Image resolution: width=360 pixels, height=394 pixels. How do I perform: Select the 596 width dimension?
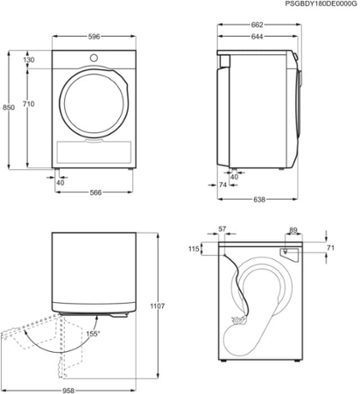[x=93, y=38]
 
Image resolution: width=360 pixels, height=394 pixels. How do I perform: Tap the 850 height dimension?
[x=8, y=108]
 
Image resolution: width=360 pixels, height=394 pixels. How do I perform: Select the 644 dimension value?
[x=254, y=38]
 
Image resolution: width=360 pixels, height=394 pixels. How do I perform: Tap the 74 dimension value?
[x=224, y=186]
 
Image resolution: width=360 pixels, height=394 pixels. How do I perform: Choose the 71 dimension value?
[x=329, y=250]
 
